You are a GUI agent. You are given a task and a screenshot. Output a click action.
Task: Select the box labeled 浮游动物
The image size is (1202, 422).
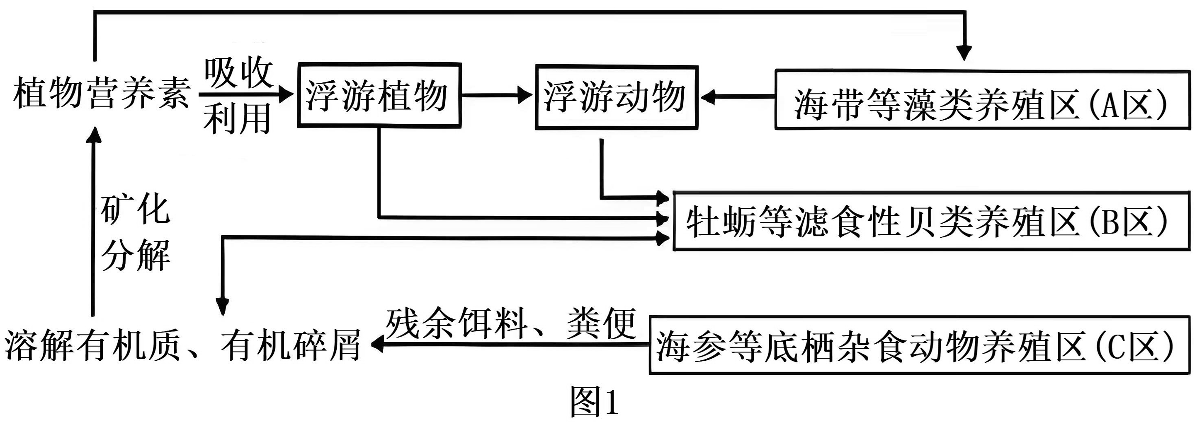coord(616,97)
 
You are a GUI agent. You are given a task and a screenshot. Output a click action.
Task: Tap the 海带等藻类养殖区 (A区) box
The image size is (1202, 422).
coord(982,100)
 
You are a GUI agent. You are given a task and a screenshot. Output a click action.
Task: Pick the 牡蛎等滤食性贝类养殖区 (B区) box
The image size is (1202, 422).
coord(931,221)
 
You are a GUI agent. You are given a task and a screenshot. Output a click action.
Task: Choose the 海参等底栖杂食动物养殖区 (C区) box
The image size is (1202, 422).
coord(919,345)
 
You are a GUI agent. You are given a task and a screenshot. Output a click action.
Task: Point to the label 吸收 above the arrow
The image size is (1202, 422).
coord(238,73)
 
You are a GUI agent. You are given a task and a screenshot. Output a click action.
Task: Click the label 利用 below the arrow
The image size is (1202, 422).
coord(237,119)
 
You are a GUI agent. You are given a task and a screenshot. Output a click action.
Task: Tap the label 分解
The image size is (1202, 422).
coord(135,255)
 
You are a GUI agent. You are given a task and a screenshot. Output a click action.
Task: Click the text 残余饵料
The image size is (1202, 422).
coord(457,323)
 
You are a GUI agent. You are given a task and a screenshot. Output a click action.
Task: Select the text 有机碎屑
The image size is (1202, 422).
coord(291,346)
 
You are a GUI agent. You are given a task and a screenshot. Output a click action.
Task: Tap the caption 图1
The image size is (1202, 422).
coord(594,402)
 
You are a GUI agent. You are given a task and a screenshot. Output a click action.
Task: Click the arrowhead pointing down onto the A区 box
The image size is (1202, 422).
coord(964,52)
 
